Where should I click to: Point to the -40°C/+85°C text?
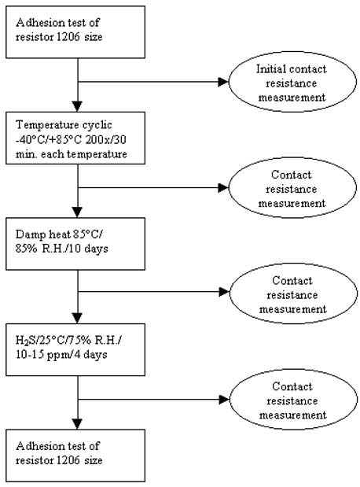pos(49,140)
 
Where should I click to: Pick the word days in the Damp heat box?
pos(96,249)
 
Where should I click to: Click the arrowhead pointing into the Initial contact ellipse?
pos(223,82)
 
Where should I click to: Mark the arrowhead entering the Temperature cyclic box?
pos(78,106)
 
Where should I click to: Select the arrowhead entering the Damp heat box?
pos(78,212)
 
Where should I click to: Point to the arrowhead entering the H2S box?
pos(78,319)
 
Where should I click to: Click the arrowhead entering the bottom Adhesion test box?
pos(78,424)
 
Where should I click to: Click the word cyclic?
pos(97,125)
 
